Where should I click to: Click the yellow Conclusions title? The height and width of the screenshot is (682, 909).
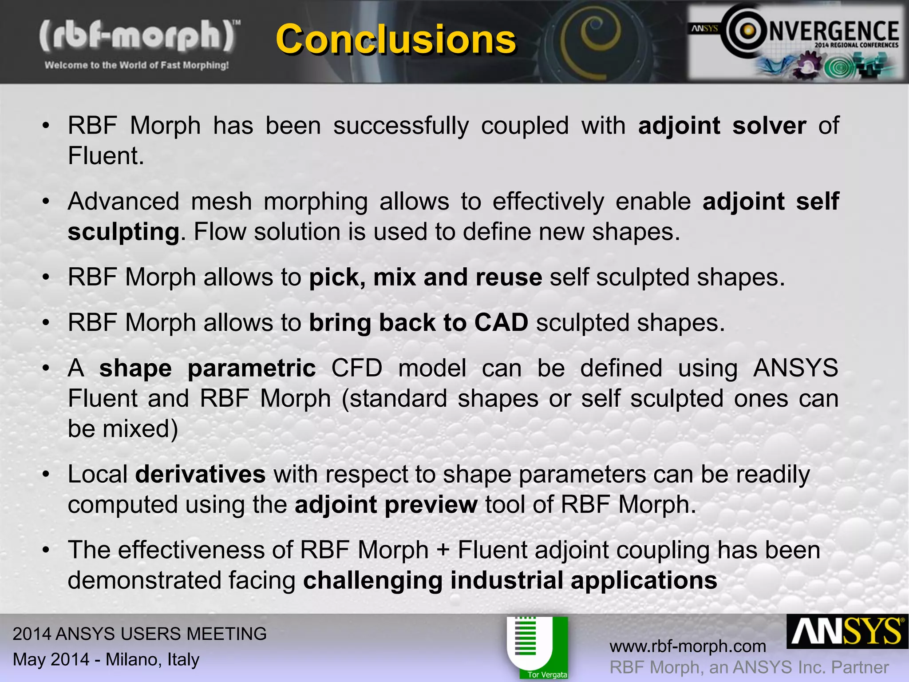pos(395,40)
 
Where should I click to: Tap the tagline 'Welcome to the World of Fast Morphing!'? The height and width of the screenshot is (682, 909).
pos(137,65)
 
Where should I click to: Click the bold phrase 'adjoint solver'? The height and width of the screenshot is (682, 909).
pos(722,126)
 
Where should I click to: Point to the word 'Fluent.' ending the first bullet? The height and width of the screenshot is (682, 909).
pos(106,156)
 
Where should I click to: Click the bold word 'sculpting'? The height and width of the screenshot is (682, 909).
pos(123,232)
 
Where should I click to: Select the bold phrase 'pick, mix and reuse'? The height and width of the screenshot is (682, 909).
pos(425,278)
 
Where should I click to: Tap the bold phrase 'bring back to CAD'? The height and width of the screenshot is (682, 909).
pos(418,323)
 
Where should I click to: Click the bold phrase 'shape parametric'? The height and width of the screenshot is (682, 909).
pos(207,369)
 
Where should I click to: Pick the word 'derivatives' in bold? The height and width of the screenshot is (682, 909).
pos(200,474)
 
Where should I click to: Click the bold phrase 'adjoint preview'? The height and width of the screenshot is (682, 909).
pos(386,505)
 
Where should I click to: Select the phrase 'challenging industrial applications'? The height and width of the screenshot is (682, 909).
pos(510,581)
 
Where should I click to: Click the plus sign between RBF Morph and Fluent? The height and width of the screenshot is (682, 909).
pos(443,551)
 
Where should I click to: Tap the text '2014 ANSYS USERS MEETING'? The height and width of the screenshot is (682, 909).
pos(139,634)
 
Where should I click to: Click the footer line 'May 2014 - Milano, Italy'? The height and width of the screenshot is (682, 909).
pos(106,659)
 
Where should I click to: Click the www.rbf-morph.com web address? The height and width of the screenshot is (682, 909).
pos(688,646)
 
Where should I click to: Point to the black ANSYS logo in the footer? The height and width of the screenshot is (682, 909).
pos(847,632)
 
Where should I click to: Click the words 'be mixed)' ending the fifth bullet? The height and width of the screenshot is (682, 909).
pos(123,429)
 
